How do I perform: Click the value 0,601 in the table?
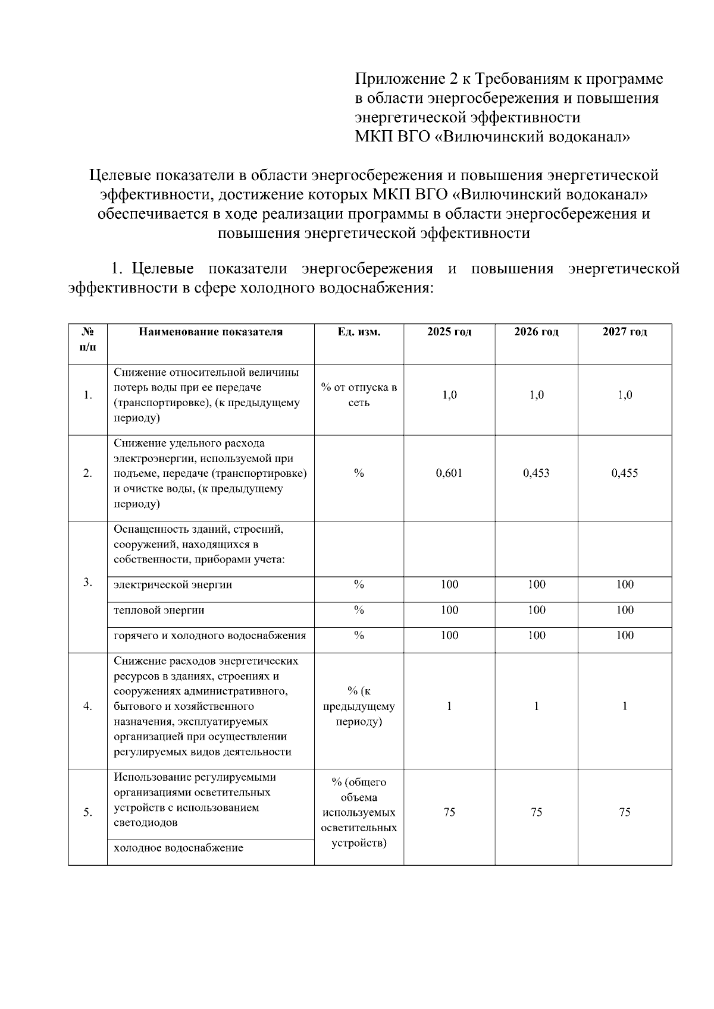click(449, 473)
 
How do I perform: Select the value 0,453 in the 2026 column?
click(536, 473)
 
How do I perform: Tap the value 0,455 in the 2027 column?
click(624, 473)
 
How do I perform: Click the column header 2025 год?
click(449, 332)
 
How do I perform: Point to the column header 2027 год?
click(624, 332)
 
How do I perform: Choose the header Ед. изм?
click(359, 332)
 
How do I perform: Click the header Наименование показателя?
click(211, 332)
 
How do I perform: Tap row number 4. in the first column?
click(87, 706)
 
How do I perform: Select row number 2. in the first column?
click(87, 473)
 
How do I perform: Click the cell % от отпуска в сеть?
click(359, 395)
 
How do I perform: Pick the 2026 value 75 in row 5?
click(536, 812)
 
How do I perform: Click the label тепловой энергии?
click(159, 610)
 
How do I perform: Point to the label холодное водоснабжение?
click(178, 848)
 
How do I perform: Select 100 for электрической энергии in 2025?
click(449, 584)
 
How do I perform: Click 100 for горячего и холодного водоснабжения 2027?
click(624, 636)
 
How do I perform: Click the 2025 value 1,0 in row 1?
click(449, 395)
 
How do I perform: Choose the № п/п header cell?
click(87, 338)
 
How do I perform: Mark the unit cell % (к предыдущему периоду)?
click(359, 706)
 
